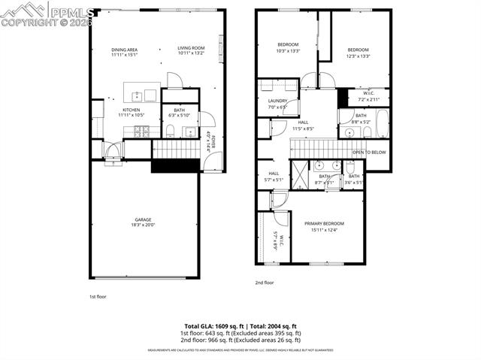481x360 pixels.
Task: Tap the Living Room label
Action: click(191, 50)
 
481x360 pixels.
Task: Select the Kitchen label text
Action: click(132, 111)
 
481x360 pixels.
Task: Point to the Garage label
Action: click(143, 222)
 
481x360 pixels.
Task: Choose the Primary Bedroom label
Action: click(324, 226)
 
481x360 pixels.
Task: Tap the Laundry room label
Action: click(277, 104)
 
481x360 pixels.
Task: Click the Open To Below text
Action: click(369, 152)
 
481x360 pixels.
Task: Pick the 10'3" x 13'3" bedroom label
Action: click(288, 47)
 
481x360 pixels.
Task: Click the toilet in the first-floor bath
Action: click(171, 131)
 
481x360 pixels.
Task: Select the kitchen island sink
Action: click(138, 95)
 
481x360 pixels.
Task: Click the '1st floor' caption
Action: click(98, 297)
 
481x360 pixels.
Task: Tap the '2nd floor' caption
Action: click(264, 283)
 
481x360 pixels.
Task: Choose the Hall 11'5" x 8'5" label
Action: click(303, 126)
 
